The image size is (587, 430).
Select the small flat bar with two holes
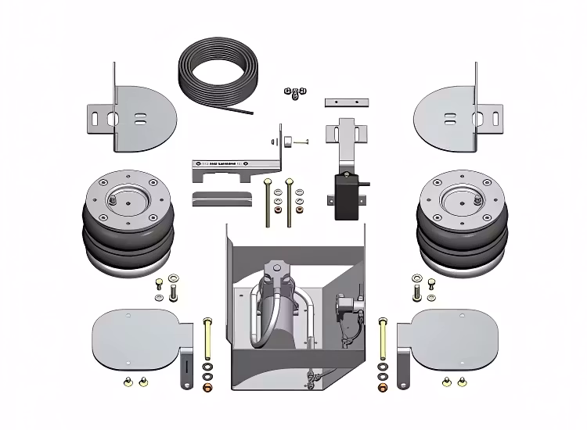point(346,103)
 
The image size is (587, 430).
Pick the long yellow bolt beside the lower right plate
point(382,336)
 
